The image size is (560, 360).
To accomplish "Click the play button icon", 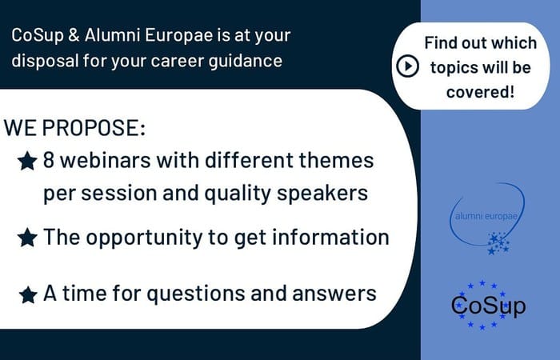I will (407, 66).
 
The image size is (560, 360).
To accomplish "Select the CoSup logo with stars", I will (488, 305).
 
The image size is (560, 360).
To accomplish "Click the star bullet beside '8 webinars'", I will (27, 162).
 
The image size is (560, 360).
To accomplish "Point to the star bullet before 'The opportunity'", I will (27, 238).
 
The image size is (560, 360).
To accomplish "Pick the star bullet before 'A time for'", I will (27, 294).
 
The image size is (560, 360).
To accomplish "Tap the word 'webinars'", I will (102, 160).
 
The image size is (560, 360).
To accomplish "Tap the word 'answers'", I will (335, 294).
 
